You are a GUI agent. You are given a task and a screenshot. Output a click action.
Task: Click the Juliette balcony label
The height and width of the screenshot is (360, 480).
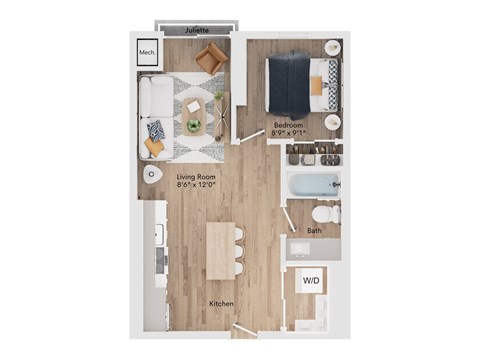coord(197,30)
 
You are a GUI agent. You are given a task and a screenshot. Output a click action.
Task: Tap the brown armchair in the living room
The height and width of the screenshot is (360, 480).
coord(210,59)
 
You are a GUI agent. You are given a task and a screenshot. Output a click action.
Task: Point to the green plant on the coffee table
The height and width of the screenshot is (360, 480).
coord(193,125)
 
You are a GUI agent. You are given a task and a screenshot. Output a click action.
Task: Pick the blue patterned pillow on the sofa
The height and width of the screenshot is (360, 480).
coord(155,129)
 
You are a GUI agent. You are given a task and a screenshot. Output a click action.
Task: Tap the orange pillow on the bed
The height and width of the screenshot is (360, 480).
coord(317,86)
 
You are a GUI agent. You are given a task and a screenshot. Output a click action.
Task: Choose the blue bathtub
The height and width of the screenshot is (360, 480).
coord(314,186)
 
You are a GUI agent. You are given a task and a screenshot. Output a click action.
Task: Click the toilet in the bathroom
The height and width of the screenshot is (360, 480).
coord(326,214)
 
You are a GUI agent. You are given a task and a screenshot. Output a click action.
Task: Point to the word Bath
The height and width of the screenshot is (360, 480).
coord(314,231)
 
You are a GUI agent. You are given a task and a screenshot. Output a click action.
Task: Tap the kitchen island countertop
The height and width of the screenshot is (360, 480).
coord(219,250)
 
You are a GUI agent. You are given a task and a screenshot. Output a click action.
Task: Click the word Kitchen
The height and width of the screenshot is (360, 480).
coord(221,302)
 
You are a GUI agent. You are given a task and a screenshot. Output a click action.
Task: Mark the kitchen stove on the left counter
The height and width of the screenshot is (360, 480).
coord(159,260)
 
